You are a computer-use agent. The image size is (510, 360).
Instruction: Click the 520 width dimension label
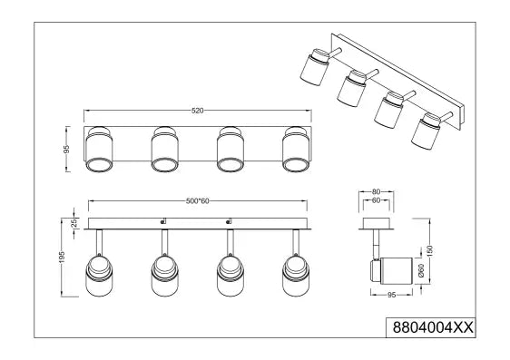point(198,111)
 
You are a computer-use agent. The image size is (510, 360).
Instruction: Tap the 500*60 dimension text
point(198,201)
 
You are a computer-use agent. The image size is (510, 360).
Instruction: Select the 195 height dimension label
point(62,257)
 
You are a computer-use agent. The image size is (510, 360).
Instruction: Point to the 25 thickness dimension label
point(74,223)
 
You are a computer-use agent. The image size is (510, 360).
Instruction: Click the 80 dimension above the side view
point(376,191)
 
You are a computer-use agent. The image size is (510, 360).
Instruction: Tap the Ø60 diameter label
point(422,270)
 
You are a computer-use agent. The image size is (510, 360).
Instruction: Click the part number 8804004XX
point(433,327)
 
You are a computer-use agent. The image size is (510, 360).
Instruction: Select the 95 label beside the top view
point(66,149)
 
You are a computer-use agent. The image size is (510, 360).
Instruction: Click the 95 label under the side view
point(392,295)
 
